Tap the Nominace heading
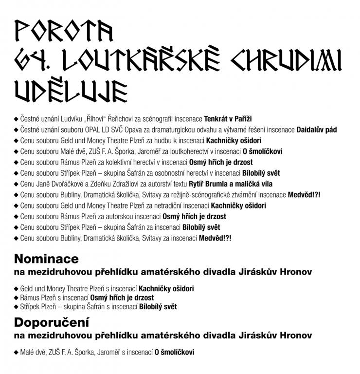46,259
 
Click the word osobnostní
171,173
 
